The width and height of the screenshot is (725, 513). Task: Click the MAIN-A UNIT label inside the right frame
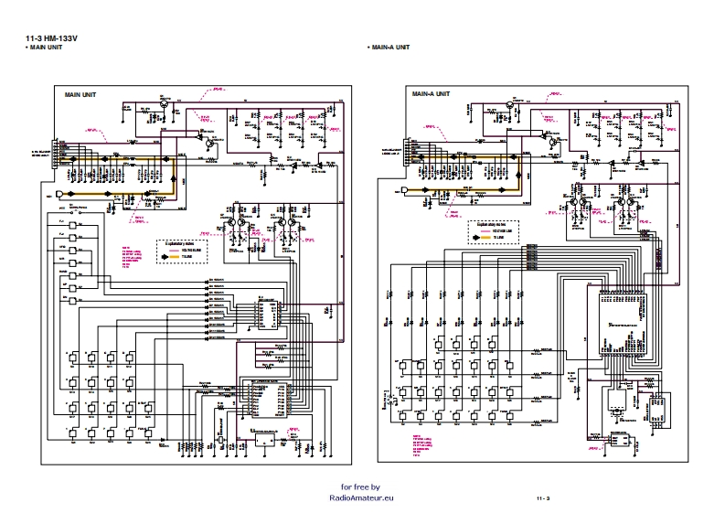pos(431,94)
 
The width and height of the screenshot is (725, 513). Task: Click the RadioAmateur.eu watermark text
pos(362,498)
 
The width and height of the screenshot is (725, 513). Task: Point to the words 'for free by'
pos(360,487)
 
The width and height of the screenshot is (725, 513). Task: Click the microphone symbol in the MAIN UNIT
pos(60,195)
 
